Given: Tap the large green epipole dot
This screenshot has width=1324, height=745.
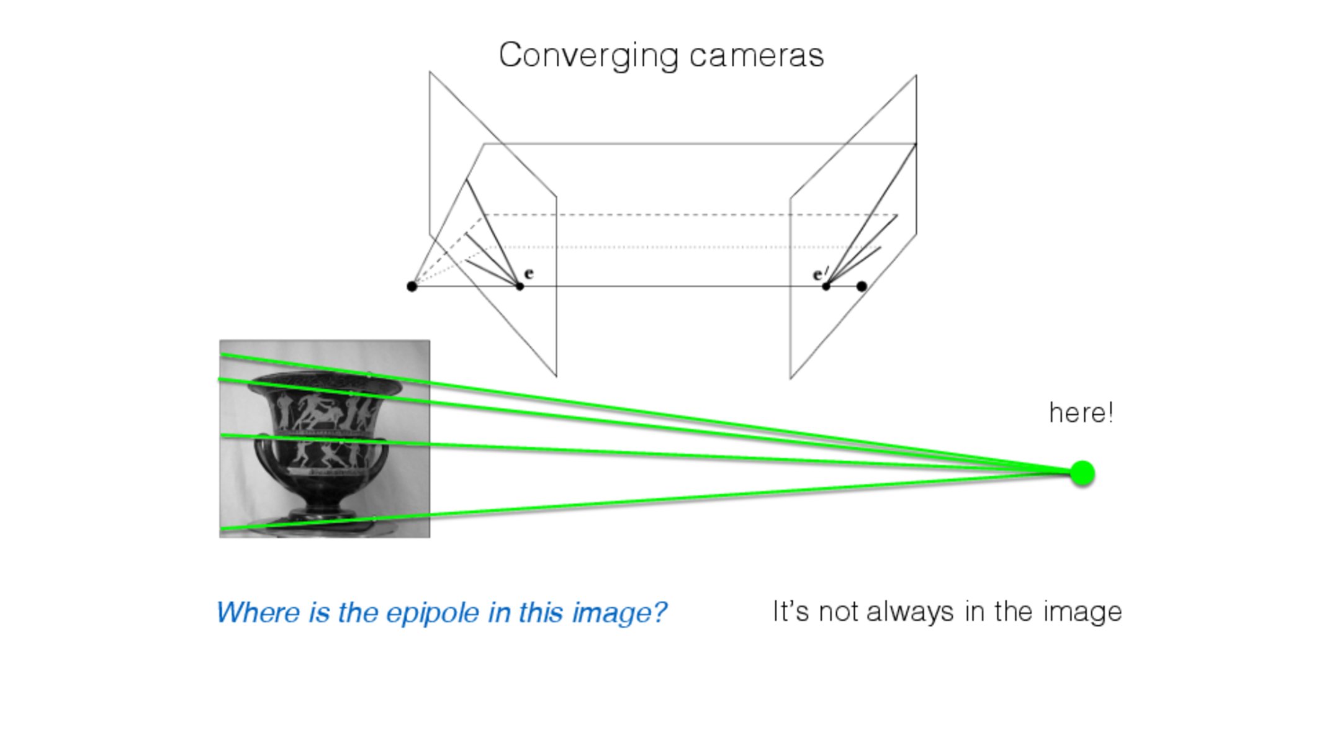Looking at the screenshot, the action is point(1082,474).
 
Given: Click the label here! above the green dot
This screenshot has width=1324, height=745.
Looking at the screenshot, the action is point(1081,413).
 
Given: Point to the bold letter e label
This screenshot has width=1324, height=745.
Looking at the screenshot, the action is point(529,273).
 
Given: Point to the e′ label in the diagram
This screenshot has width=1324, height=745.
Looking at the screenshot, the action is point(820,274).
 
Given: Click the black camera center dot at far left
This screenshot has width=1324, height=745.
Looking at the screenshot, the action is point(412,286).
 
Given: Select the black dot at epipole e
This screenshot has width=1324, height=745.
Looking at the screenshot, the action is point(520,286).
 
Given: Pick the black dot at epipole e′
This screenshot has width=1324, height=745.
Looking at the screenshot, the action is point(826,286).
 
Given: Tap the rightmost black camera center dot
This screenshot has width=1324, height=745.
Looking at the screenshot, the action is point(862,286).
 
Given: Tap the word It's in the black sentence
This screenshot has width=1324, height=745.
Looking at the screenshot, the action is point(791,612).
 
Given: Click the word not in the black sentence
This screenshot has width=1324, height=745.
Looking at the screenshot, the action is point(839,612).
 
